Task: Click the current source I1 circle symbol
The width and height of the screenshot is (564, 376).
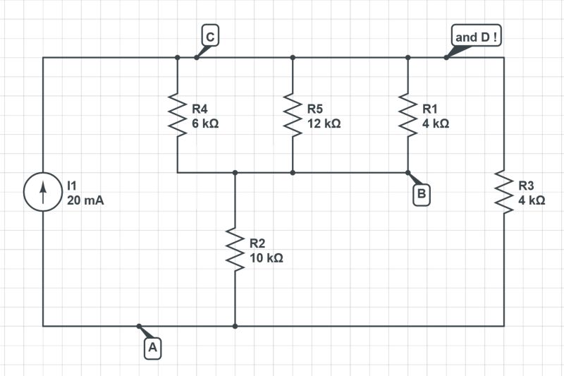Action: (x=44, y=191)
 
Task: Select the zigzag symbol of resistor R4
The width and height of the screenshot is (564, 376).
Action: (x=177, y=115)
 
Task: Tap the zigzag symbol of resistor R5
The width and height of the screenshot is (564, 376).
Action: (x=293, y=115)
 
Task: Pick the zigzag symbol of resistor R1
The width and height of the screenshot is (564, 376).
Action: (x=407, y=115)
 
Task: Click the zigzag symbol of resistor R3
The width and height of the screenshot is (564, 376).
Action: (x=504, y=191)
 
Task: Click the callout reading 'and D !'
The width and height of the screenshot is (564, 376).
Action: (x=476, y=36)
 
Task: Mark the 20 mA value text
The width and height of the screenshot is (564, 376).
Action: (x=85, y=200)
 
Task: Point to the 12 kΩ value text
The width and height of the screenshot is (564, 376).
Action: (x=324, y=123)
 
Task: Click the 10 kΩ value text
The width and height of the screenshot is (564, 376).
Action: (x=266, y=258)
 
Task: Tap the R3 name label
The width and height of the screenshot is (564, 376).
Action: (x=526, y=186)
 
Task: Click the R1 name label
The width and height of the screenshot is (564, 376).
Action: (x=430, y=109)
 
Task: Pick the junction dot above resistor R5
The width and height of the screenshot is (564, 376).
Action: (x=293, y=58)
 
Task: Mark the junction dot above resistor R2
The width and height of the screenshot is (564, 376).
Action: (x=235, y=172)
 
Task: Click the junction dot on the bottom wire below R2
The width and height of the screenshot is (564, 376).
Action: (x=235, y=326)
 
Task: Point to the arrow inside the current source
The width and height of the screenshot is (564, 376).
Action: (x=44, y=191)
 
